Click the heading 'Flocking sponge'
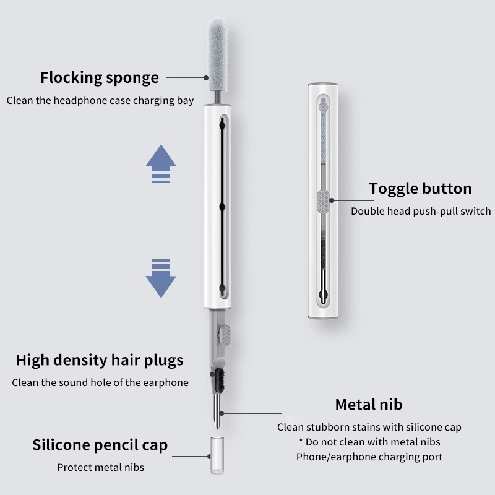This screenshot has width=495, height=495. [100, 78]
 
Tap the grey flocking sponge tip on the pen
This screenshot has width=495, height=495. [218, 55]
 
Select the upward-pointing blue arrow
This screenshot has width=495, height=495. [161, 164]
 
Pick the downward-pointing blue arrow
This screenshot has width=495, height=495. [161, 278]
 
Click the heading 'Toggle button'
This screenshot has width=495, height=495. [421, 189]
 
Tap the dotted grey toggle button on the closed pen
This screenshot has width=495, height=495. [323, 200]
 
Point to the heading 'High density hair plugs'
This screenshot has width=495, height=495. [100, 360]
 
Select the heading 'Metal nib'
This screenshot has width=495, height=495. [369, 405]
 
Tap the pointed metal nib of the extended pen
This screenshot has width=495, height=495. [217, 412]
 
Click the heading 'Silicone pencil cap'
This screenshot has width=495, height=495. [100, 445]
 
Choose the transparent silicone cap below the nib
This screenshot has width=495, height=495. [217, 455]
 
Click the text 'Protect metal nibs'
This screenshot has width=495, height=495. [100, 467]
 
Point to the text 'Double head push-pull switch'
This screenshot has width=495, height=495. [421, 211]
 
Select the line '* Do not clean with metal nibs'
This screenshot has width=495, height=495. [369, 442]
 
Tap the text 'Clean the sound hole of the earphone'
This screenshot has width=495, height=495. [100, 382]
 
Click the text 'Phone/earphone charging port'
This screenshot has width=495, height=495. [369, 457]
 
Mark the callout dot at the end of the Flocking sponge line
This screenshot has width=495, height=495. [206, 78]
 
